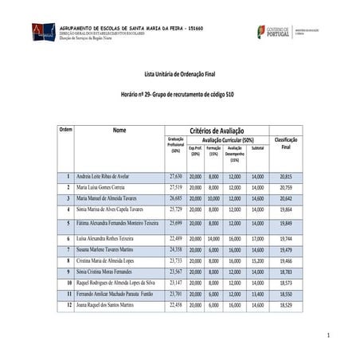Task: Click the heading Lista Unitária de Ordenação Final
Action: pyautogui.click(x=179, y=74)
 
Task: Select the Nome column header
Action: pyautogui.click(x=119, y=130)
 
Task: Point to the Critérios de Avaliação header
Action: pyautogui.click(x=217, y=130)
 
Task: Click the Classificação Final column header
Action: pyautogui.click(x=286, y=143)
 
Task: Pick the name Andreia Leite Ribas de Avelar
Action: pyautogui.click(x=107, y=175)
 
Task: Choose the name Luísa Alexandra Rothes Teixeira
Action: pyautogui.click(x=110, y=238)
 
